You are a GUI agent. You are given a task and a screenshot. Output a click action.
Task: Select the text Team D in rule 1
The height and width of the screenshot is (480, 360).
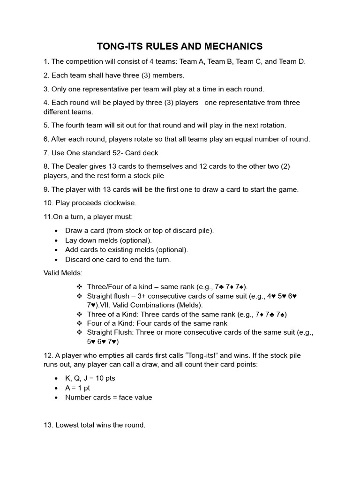click(292, 61)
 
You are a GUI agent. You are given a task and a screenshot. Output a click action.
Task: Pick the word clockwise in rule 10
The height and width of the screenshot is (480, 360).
click(118, 203)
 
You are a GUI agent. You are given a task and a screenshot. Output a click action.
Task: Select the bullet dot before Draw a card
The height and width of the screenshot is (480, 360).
click(56, 231)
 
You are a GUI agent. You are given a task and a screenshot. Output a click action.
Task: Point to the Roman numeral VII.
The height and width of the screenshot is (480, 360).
click(111, 305)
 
